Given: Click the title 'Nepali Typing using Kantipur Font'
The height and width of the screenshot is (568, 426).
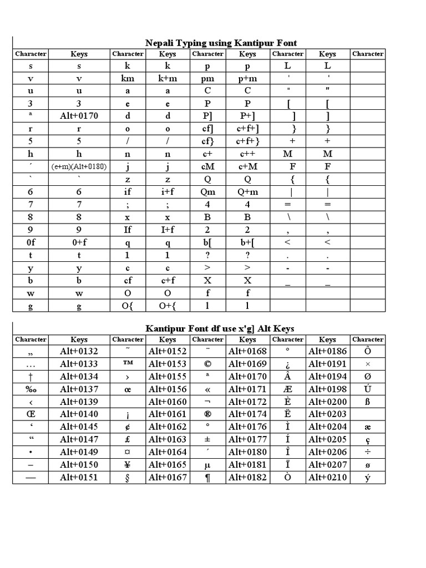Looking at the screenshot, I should pyautogui.click(x=221, y=43).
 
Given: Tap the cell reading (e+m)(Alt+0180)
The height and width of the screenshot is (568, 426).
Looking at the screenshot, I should pyautogui.click(x=79, y=166).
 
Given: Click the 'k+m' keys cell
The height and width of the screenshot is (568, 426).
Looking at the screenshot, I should pyautogui.click(x=168, y=78).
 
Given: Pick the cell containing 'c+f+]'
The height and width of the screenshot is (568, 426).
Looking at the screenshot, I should pyautogui.click(x=247, y=129).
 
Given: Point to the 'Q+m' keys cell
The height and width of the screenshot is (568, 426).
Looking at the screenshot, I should pyautogui.click(x=247, y=192).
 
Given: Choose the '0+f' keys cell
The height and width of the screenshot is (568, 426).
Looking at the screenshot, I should pyautogui.click(x=79, y=242).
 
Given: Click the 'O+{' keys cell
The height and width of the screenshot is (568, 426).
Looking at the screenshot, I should pyautogui.click(x=168, y=306).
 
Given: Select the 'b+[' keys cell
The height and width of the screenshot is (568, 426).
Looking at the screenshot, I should pyautogui.click(x=247, y=242).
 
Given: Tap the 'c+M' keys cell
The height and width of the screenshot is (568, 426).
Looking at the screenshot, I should pyautogui.click(x=247, y=166).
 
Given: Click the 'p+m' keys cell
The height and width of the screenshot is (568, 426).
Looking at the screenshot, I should pyautogui.click(x=247, y=78).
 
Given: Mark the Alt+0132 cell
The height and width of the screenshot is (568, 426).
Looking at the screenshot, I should pyautogui.click(x=79, y=351).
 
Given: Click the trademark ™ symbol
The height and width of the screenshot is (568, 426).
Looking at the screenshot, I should pyautogui.click(x=128, y=364).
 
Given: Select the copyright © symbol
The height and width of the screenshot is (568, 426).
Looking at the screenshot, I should pyautogui.click(x=207, y=364).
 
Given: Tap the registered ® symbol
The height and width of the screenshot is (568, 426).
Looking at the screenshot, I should pyautogui.click(x=207, y=414).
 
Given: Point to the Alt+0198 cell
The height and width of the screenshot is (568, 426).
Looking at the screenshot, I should pyautogui.click(x=327, y=389).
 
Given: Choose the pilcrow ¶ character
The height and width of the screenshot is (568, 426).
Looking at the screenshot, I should pyautogui.click(x=207, y=478).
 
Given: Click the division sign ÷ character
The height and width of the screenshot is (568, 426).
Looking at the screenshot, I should pyautogui.click(x=367, y=452).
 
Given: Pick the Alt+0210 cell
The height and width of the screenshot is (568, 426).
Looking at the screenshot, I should pyautogui.click(x=327, y=478).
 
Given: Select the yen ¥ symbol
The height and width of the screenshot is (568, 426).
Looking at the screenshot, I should pyautogui.click(x=128, y=465).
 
